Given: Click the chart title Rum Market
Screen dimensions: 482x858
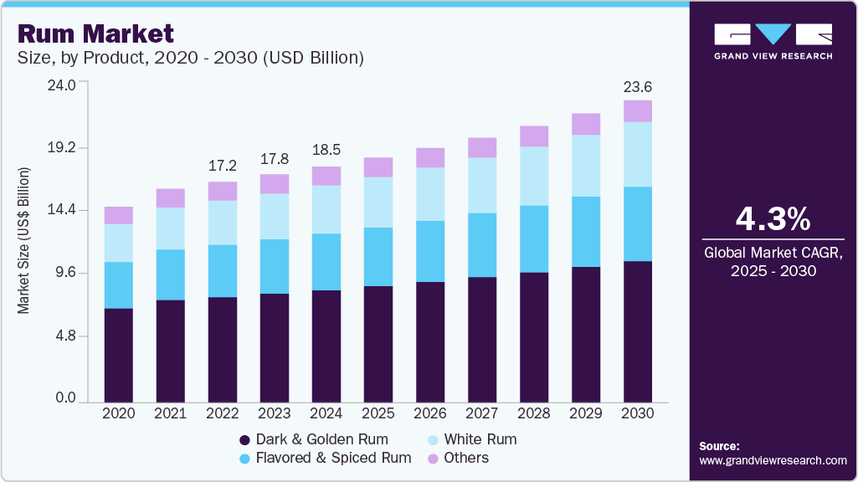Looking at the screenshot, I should pyautogui.click(x=95, y=34).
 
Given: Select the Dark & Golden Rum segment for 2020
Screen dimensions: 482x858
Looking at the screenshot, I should pyautogui.click(x=119, y=355).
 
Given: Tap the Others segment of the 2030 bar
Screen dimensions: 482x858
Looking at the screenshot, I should pyautogui.click(x=638, y=111).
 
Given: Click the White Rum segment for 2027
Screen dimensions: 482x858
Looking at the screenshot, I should pyautogui.click(x=482, y=185).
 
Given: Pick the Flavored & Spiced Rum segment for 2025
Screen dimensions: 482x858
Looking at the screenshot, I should pyautogui.click(x=378, y=257).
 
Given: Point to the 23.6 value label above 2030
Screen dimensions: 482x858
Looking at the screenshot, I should pyautogui.click(x=638, y=87).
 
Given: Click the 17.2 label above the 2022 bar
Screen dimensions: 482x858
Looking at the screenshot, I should pyautogui.click(x=223, y=166).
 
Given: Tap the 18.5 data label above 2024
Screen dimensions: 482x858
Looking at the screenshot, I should pyautogui.click(x=326, y=151).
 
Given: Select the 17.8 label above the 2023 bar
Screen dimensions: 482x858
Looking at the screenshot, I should pyautogui.click(x=275, y=159).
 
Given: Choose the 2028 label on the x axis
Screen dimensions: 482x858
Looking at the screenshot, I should pyautogui.click(x=534, y=413).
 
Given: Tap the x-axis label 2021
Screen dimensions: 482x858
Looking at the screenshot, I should pyautogui.click(x=171, y=413).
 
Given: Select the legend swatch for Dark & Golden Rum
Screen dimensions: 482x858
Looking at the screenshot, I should pyautogui.click(x=244, y=440).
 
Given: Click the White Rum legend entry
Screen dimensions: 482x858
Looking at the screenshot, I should pyautogui.click(x=480, y=439).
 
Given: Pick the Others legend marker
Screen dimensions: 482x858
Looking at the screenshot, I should pyautogui.click(x=433, y=459).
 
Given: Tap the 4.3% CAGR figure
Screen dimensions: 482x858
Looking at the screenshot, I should pyautogui.click(x=773, y=219).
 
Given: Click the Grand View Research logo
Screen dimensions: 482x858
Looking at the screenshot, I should pyautogui.click(x=773, y=41).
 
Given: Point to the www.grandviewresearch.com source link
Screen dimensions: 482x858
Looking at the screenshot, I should pyautogui.click(x=773, y=460).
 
